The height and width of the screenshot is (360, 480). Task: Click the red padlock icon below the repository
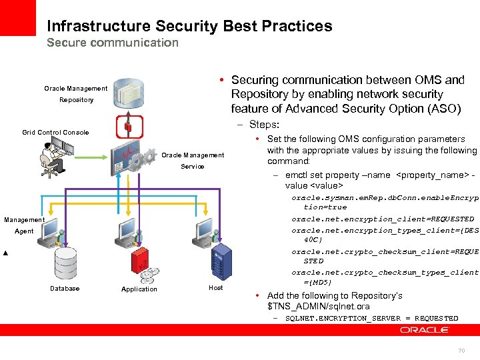pyautogui.click(x=128, y=127)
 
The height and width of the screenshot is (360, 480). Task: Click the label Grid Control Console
pyautogui.click(x=55, y=133)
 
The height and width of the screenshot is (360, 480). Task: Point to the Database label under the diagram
pyautogui.click(x=65, y=289)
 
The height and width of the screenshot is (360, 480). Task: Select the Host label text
pyautogui.click(x=216, y=288)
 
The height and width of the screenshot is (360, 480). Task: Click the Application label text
pyautogui.click(x=139, y=289)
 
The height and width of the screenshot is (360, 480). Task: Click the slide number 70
pyautogui.click(x=461, y=351)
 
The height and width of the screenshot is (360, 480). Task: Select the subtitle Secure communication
pyautogui.click(x=113, y=43)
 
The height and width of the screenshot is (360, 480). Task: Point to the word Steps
pyautogui.click(x=263, y=125)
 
